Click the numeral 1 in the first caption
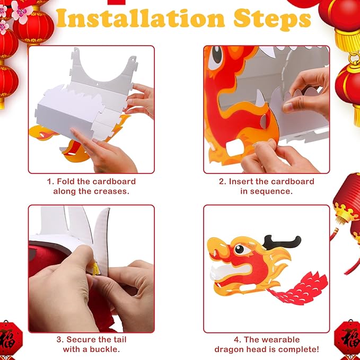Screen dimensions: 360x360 (x=49, y=181)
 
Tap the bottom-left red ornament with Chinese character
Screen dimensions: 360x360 (x=11, y=340)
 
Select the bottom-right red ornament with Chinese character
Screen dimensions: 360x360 (x=349, y=340)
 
